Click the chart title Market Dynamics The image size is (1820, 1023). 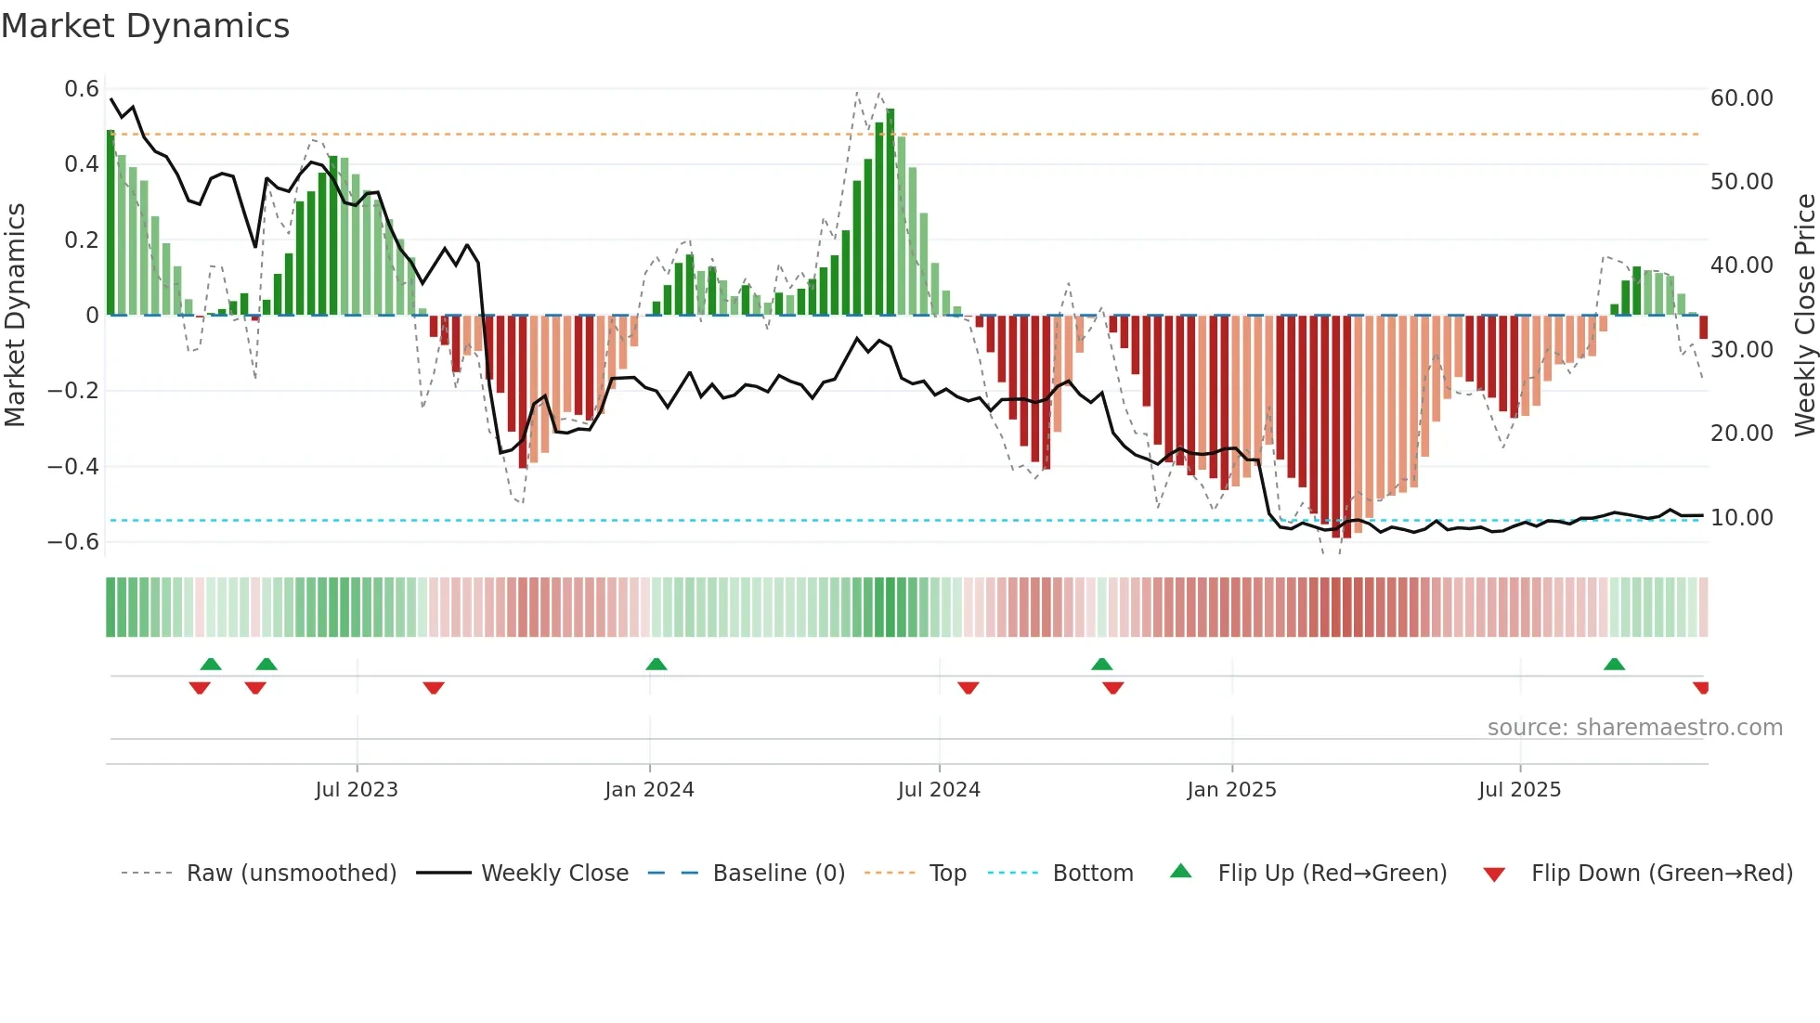coord(145,26)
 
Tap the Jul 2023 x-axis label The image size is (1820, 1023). coord(357,790)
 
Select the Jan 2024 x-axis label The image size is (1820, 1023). coord(649,790)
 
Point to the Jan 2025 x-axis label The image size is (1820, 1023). coord(1231,790)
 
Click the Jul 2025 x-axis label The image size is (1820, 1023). coord(1519,790)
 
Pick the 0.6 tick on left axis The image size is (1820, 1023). coord(82,89)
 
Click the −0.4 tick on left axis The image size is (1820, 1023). coord(73,466)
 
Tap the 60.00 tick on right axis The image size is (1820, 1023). coord(1741,98)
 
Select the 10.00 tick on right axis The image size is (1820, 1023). coord(1741,517)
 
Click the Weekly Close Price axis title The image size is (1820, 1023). coord(1804,316)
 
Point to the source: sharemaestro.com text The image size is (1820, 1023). coord(1634,728)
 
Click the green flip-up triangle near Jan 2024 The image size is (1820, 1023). coord(656,664)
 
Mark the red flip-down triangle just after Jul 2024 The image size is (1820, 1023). coord(968,688)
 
